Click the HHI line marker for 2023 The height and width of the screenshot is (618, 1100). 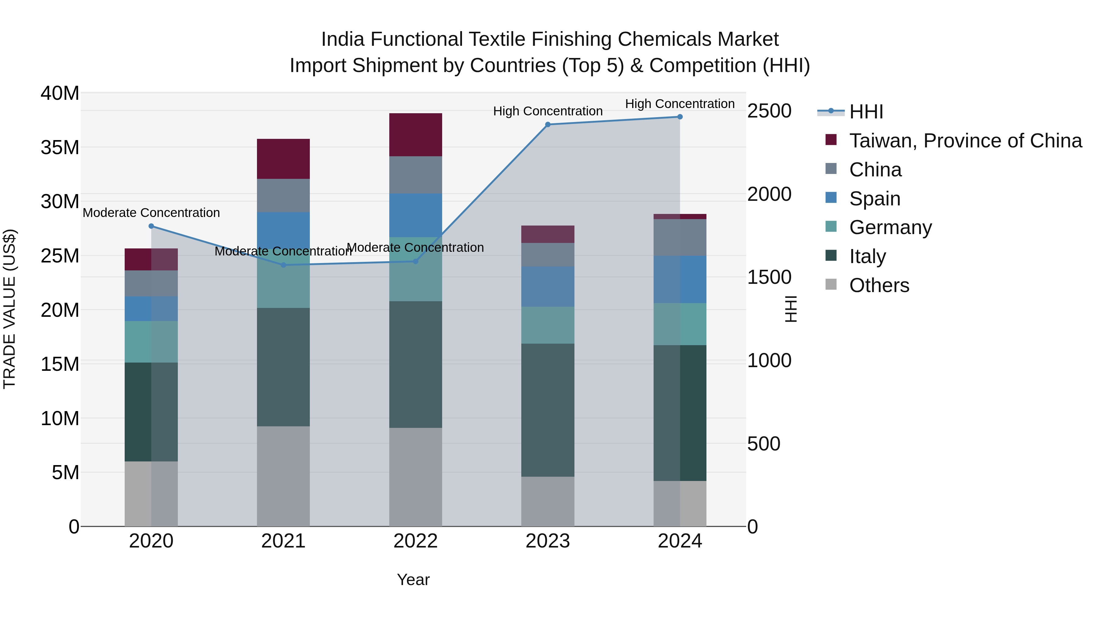coord(548,125)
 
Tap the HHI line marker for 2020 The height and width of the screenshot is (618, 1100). coord(151,226)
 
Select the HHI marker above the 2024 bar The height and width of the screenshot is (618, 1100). coord(680,117)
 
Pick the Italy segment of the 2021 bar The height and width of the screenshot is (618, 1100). coord(283,367)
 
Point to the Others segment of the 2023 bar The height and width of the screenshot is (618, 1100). coord(548,501)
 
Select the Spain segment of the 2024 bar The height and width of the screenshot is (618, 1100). coord(680,279)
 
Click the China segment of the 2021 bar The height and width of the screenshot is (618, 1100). coord(283,195)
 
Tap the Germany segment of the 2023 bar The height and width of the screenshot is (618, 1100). coord(548,325)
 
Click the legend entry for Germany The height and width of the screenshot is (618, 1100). coord(890,227)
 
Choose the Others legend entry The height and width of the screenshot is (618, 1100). coord(879,285)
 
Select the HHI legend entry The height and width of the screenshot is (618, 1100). coord(866,112)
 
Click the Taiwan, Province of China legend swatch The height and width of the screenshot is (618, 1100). coord(831,139)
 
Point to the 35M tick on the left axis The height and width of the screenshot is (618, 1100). coord(60,148)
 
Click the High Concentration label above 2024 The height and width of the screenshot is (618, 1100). coord(680,104)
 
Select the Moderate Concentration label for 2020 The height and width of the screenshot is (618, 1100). coord(151,212)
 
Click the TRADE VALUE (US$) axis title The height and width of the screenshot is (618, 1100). coord(9,309)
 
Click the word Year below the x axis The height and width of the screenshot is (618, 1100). coord(413,580)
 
